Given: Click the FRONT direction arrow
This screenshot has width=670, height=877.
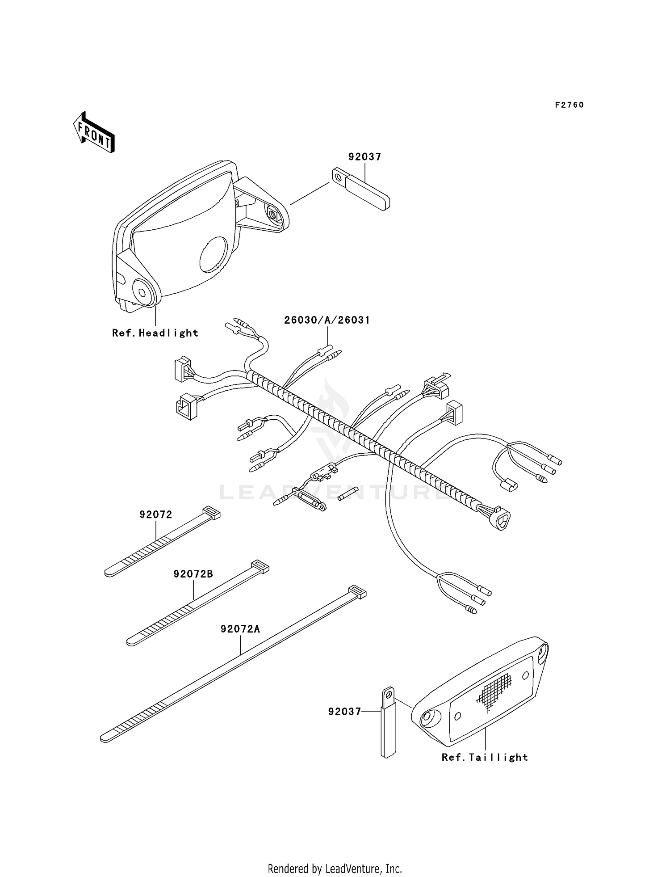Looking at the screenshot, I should pyautogui.click(x=94, y=133).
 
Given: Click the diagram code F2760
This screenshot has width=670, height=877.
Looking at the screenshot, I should pyautogui.click(x=569, y=105).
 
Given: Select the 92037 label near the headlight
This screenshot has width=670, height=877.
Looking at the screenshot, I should pyautogui.click(x=364, y=157).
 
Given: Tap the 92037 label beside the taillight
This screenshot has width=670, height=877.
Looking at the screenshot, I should pyautogui.click(x=344, y=712).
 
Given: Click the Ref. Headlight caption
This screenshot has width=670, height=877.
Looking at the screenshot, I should pyautogui.click(x=155, y=333).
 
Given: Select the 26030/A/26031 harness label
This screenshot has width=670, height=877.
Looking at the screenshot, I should pyautogui.click(x=327, y=320).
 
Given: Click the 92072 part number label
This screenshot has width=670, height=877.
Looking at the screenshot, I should pyautogui.click(x=155, y=514).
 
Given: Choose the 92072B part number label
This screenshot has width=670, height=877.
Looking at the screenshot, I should pyautogui.click(x=193, y=574).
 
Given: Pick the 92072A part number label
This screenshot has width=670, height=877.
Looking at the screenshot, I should pyautogui.click(x=240, y=629).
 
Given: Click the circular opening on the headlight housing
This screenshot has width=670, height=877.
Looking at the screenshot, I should pyautogui.click(x=213, y=255).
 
